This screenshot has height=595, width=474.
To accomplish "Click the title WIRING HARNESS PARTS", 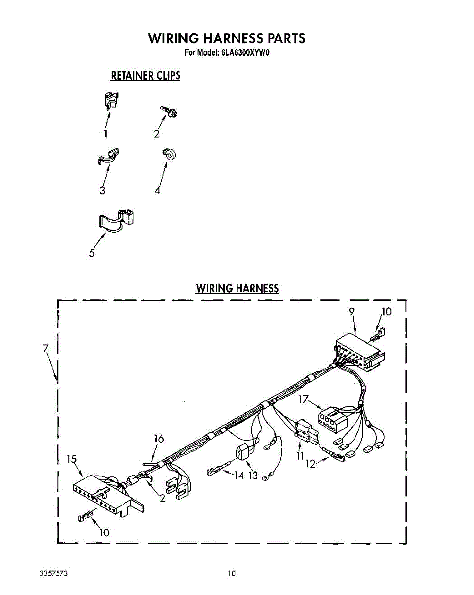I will pos(227,38).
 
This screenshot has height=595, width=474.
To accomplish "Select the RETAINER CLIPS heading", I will pos(145,76).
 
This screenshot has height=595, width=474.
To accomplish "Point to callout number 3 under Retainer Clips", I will pos(102,190).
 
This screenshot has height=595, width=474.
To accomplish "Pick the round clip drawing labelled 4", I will pos(169,154).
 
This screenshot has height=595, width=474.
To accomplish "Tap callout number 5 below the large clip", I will pos(92,253).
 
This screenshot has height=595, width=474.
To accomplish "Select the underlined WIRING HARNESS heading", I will pos(237,288).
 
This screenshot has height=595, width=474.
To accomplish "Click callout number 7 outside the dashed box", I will pos(45,348).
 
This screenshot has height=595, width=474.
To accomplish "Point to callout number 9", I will pos(351,312).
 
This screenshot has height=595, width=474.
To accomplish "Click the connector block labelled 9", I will pos(359,354).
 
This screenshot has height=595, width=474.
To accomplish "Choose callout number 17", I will pos(304,398).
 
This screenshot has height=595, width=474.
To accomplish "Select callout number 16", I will pos(159,439).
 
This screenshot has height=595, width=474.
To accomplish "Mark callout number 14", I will pos(239,475).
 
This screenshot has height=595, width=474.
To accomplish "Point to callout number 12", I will pos(310,464).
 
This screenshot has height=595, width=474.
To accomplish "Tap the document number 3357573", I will pos(54,574).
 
